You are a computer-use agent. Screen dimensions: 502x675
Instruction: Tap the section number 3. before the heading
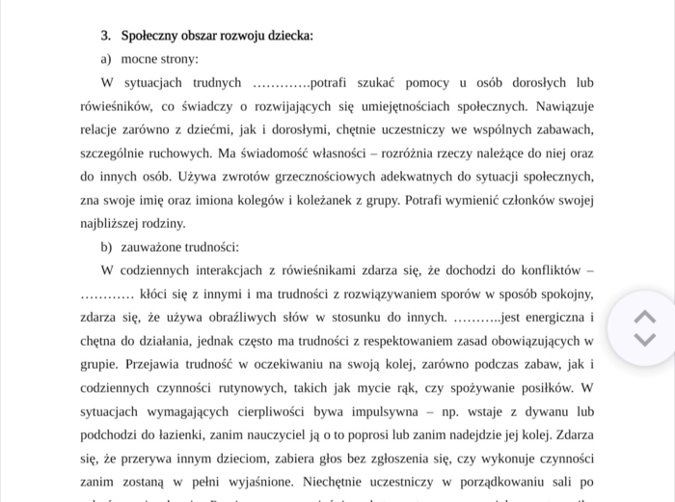coord(106,36)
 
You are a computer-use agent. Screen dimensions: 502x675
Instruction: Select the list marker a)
coord(107,59)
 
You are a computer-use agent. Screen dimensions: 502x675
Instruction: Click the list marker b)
coord(107,246)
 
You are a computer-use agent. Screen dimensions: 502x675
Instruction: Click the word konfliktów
coord(545,269)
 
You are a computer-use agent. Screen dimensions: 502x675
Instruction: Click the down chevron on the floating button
coord(644,339)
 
